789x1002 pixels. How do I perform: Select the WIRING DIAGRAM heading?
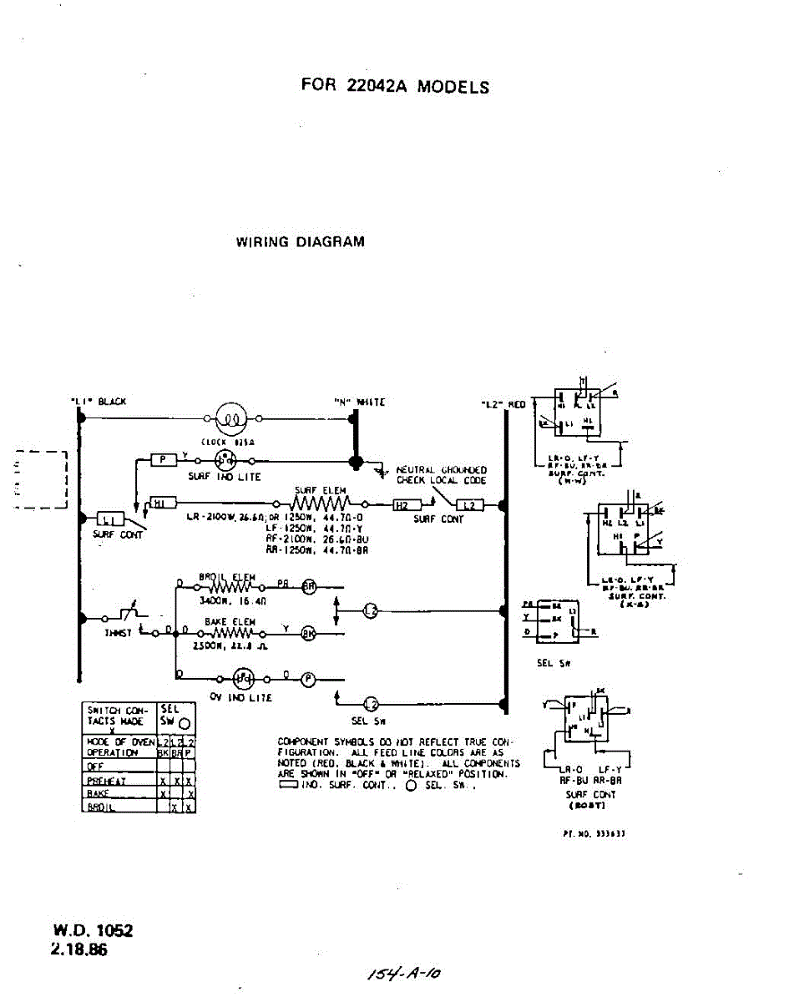(300, 242)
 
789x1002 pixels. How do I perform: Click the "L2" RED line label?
(504, 404)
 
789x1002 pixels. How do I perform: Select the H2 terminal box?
(402, 505)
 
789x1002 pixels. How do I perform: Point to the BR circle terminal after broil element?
(309, 586)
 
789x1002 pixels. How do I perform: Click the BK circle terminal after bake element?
(308, 633)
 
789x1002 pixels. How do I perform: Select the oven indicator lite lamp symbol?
(243, 679)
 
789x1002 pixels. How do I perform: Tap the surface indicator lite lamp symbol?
(224, 459)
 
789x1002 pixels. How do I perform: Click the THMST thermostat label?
(118, 634)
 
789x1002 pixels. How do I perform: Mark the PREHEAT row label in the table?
(106, 781)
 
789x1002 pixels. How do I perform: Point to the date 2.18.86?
(81, 949)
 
